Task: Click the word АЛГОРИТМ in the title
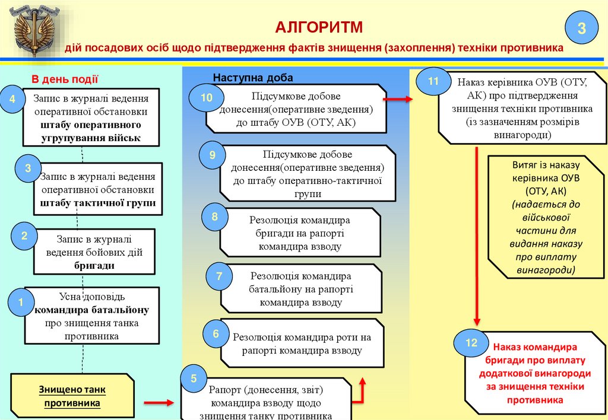pyautogui.click(x=318, y=27)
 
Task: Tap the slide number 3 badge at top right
pyautogui.click(x=582, y=28)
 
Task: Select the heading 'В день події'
pyautogui.click(x=65, y=79)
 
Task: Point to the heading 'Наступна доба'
pyautogui.click(x=253, y=78)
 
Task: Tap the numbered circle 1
pyautogui.click(x=20, y=303)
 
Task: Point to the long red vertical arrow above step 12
pyautogui.click(x=477, y=237)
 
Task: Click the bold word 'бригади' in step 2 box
pyautogui.click(x=94, y=266)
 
